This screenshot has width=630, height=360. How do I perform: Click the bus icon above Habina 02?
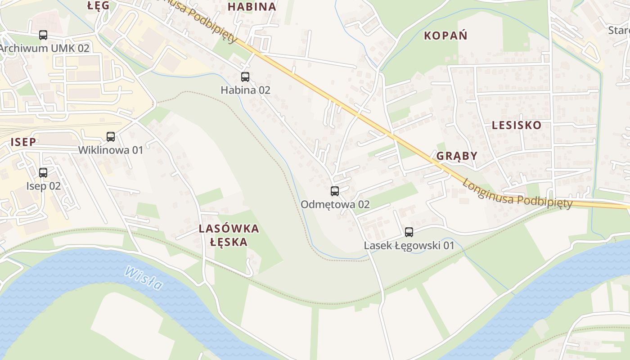tap(245, 77)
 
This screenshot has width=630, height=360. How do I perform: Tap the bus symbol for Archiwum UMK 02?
tap(43, 35)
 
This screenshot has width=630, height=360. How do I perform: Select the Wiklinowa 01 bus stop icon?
tap(111, 137)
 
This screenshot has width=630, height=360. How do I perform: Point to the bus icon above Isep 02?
tap(43, 173)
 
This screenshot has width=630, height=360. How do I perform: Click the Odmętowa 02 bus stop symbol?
tap(335, 191)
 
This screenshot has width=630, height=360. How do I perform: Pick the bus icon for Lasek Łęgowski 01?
tap(409, 232)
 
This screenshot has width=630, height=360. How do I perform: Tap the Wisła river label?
tap(144, 278)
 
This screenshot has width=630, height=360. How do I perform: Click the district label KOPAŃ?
tap(445, 36)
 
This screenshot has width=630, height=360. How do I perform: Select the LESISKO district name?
tap(516, 125)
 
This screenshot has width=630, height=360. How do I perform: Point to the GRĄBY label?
tap(457, 156)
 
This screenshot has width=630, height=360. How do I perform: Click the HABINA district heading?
tap(252, 7)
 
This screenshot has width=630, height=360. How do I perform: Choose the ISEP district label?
tap(23, 142)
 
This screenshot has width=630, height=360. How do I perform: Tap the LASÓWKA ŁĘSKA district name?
tap(229, 235)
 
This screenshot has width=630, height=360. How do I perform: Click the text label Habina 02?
tap(245, 90)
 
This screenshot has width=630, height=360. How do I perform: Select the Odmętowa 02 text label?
tap(335, 204)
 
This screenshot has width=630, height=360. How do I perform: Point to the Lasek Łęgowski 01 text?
tap(409, 246)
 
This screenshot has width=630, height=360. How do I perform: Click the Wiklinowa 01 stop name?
tap(111, 150)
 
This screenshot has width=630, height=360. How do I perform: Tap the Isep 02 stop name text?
tap(43, 186)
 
